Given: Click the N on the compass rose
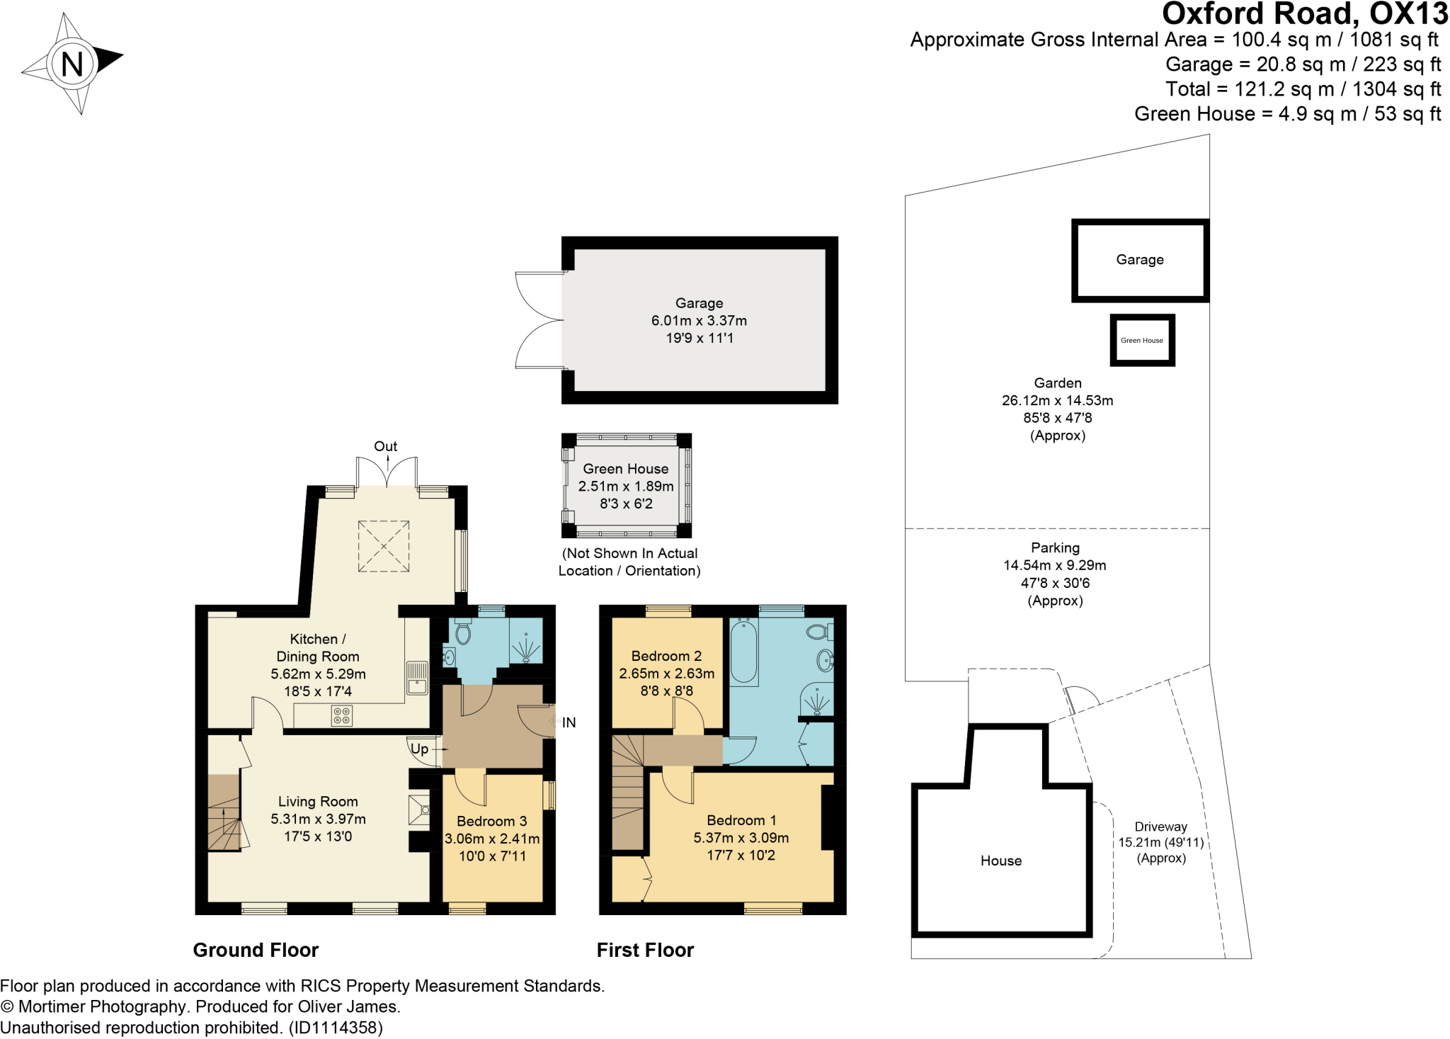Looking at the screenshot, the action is [72, 64].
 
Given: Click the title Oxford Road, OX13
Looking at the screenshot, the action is [1305, 13].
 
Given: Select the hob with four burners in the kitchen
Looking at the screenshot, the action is [342, 716].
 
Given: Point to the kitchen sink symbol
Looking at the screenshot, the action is [417, 677].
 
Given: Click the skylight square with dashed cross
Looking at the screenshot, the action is [384, 546].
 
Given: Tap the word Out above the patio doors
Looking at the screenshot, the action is [386, 446].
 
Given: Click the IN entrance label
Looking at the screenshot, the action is [569, 722].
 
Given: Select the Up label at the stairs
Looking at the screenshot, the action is [420, 749].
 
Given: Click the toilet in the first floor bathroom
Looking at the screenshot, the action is [820, 632].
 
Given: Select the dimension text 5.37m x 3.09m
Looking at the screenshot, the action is [741, 837].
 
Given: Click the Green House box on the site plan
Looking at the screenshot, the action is [1142, 340].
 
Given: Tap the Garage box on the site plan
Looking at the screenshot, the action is [1140, 260].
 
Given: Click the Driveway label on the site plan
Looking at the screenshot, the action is [1161, 827].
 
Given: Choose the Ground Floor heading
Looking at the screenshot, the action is [256, 950].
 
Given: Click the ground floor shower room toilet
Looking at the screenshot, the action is [463, 631].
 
